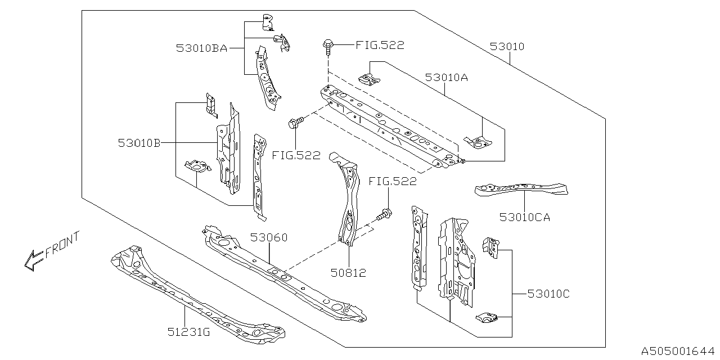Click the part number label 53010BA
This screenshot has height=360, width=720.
tap(201, 48)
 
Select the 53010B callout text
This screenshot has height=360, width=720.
tap(139, 143)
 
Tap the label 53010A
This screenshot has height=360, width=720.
tap(446, 78)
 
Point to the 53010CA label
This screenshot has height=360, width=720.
tap(524, 217)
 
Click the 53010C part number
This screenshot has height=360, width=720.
tap(548, 294)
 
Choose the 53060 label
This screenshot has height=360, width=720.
tap(268, 237)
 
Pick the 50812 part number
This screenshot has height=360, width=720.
tap(349, 273)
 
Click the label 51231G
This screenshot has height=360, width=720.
tap(189, 332)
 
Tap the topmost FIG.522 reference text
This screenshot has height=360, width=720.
tap(380, 46)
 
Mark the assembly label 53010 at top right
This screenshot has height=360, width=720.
tap(506, 47)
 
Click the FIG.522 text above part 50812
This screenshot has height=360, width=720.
tap(393, 181)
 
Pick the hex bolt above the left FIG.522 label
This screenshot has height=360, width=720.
tap(297, 122)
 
